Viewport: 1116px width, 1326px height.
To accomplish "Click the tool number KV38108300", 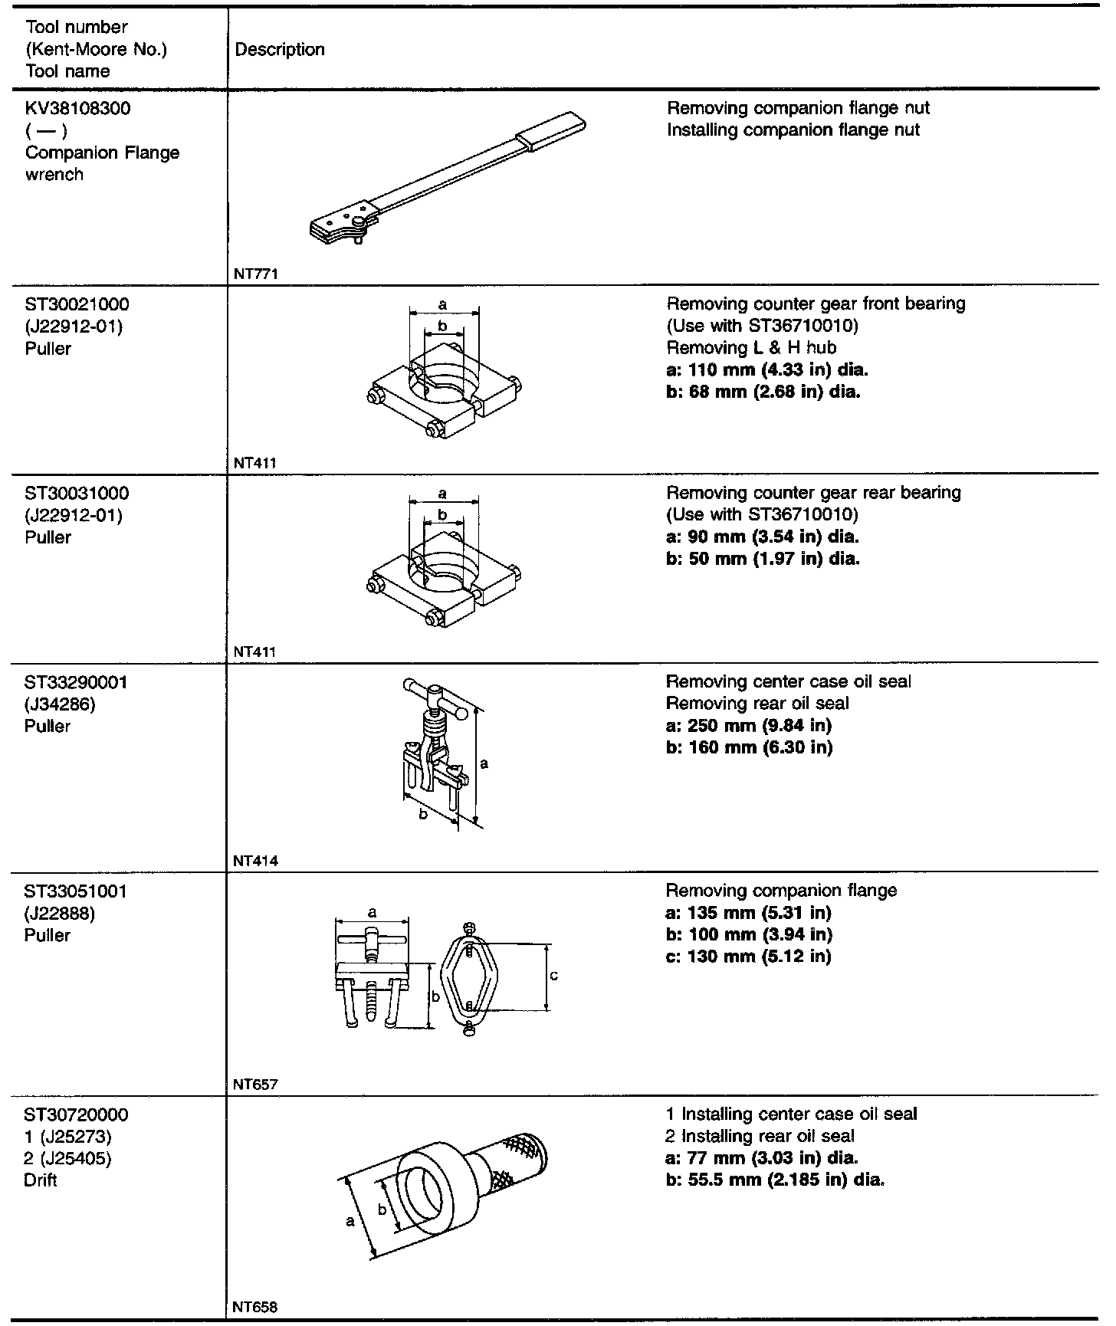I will (x=77, y=108).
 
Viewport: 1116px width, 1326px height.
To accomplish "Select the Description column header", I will (x=280, y=50).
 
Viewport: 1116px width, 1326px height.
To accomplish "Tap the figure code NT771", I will (x=255, y=274).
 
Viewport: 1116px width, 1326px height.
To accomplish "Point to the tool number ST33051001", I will (x=76, y=891).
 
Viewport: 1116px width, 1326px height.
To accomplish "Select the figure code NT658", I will (x=255, y=1307).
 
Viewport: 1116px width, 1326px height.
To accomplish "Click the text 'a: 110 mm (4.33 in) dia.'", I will (x=767, y=370).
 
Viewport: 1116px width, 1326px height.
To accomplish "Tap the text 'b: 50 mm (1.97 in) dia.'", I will (x=763, y=559).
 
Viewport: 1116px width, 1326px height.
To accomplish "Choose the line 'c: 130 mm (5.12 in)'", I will (x=748, y=957).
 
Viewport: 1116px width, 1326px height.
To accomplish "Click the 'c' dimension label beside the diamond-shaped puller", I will (x=554, y=976).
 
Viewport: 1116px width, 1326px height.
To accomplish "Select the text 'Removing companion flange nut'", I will (x=798, y=108).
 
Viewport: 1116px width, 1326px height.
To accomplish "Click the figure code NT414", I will (x=255, y=861).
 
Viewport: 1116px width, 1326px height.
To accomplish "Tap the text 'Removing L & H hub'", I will (x=751, y=348).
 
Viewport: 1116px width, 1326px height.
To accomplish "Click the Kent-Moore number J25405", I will (x=68, y=1158).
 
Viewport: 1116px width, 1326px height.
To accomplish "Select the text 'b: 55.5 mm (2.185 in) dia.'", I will (x=776, y=1180).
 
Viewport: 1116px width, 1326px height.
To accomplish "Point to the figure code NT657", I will (x=255, y=1085).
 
